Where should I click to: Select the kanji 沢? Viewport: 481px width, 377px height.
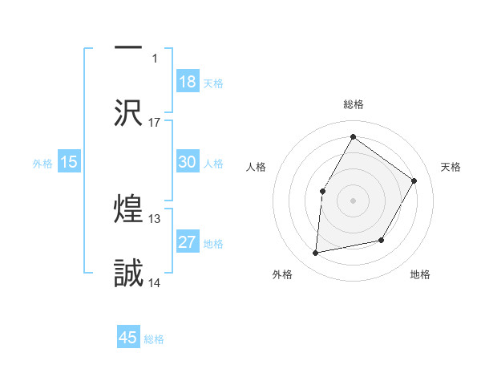(x=128, y=113)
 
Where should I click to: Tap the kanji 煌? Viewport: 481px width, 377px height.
(x=128, y=210)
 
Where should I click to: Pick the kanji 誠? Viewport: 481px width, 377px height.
(x=128, y=274)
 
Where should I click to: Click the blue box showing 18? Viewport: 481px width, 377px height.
(x=188, y=82)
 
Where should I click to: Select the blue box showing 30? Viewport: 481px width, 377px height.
(x=188, y=162)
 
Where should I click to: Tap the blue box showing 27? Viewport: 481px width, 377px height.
(x=188, y=242)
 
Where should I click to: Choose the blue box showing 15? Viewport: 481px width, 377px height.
(x=69, y=162)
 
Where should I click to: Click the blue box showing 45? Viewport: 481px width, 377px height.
(x=128, y=338)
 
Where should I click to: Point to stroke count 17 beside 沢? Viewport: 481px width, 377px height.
(x=155, y=122)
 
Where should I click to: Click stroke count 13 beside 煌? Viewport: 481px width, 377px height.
(x=155, y=218)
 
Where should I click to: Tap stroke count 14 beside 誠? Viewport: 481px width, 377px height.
(x=155, y=282)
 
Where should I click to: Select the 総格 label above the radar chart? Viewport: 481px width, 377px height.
(x=353, y=104)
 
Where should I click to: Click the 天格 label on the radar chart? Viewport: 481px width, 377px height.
(x=451, y=167)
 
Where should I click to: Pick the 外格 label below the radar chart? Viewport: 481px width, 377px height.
(x=282, y=274)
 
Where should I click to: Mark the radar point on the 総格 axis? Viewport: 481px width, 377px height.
(x=353, y=137)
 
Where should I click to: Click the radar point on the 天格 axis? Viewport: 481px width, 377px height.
(x=414, y=180)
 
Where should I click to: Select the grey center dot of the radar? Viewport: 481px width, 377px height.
(x=353, y=201)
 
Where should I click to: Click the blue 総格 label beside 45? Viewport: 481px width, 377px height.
(x=154, y=339)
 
